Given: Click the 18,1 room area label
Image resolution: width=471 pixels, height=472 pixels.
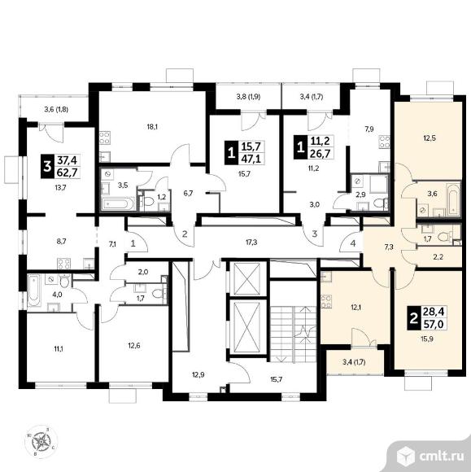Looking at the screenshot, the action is coord(152,127).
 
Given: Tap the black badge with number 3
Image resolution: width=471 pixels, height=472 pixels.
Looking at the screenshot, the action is coord(47,166).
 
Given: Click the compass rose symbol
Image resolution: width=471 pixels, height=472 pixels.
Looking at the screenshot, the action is coord(41,442).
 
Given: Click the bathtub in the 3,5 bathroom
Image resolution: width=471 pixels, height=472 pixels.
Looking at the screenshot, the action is coord(118,203).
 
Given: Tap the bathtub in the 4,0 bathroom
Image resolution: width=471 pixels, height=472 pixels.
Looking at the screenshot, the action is coord(33,290).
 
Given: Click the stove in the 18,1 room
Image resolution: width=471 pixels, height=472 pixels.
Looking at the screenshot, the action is coord(104,138).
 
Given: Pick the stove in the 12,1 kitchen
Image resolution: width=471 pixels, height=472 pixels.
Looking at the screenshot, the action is coord(326,302).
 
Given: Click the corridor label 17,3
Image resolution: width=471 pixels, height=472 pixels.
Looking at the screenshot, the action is coord(251,242).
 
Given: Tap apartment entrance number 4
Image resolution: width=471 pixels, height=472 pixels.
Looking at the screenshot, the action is coord(353,243).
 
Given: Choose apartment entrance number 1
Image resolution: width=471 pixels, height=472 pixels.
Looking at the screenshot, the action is coord(133,243).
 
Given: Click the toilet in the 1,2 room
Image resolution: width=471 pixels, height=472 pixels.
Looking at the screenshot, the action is coord(148,203).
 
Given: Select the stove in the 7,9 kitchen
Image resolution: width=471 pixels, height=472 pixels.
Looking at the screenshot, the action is coord(384,142).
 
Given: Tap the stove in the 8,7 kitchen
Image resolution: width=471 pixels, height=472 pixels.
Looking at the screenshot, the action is coord(63,264).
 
